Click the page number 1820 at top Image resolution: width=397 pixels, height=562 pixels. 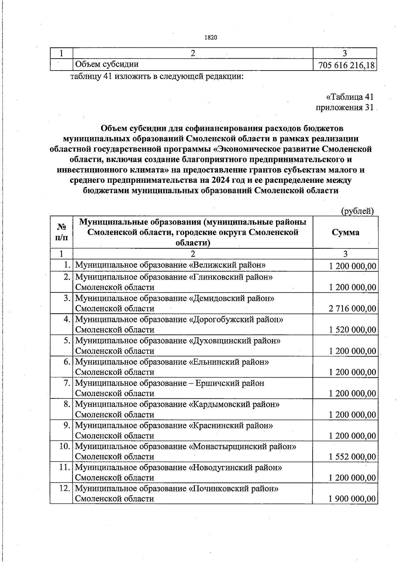click(x=210, y=38)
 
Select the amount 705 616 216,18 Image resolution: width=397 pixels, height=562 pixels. click(x=346, y=65)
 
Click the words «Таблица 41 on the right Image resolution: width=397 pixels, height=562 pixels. click(x=350, y=97)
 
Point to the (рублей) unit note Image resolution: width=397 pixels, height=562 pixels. click(x=357, y=211)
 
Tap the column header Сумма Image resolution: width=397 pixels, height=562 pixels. click(x=345, y=232)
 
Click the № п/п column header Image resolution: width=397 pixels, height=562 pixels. click(x=62, y=232)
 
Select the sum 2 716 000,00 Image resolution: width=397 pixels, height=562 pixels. click(x=352, y=309)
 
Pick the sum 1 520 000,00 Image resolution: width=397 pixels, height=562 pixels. click(x=352, y=330)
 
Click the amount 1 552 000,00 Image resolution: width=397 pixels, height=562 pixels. click(x=352, y=457)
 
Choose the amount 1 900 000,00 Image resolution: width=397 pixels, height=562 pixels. click(x=352, y=499)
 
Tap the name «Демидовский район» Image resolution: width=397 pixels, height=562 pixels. click(x=231, y=298)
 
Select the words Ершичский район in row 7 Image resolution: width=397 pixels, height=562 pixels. click(x=230, y=383)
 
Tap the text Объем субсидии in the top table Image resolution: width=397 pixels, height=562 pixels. click(x=107, y=64)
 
